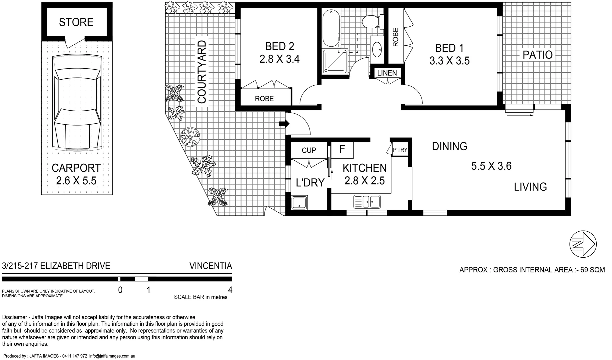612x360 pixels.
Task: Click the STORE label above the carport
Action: click(76, 22)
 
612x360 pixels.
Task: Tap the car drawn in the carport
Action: click(77, 103)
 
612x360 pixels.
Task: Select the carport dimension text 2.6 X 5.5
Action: click(76, 181)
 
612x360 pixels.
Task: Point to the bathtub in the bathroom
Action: click(331, 29)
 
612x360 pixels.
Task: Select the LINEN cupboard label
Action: click(387, 73)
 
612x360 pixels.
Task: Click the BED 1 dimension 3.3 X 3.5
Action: click(449, 61)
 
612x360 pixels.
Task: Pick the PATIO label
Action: click(537, 55)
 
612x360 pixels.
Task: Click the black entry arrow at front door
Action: click(284, 124)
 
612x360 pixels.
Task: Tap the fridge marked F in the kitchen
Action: click(342, 149)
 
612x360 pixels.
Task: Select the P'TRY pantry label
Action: click(400, 150)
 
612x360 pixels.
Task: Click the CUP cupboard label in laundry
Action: click(308, 150)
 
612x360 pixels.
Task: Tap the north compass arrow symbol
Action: click(583, 244)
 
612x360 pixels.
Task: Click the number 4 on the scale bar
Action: click(230, 290)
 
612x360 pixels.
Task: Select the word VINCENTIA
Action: click(211, 266)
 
